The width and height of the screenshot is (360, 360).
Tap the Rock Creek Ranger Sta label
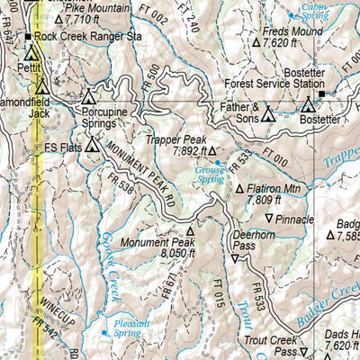coord(88,37)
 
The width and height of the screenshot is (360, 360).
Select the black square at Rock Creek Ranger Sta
coord(28,37)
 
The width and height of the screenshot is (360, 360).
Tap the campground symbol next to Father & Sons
coord(266,116)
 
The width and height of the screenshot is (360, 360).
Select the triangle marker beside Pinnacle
coord(268,219)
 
